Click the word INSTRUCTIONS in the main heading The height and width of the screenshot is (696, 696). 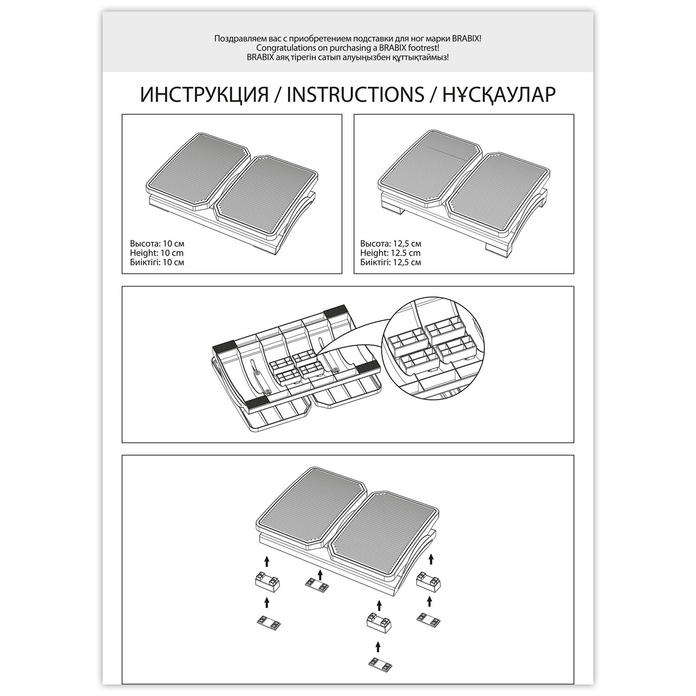point(355,94)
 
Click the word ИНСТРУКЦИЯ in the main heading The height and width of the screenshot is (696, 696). point(205,94)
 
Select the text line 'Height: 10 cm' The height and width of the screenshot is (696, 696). point(156,253)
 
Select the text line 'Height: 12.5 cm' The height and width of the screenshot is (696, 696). point(390,253)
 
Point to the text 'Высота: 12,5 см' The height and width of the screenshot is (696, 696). point(391,244)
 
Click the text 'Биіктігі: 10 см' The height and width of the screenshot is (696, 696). point(157,262)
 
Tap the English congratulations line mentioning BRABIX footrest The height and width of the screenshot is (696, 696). point(347,48)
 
